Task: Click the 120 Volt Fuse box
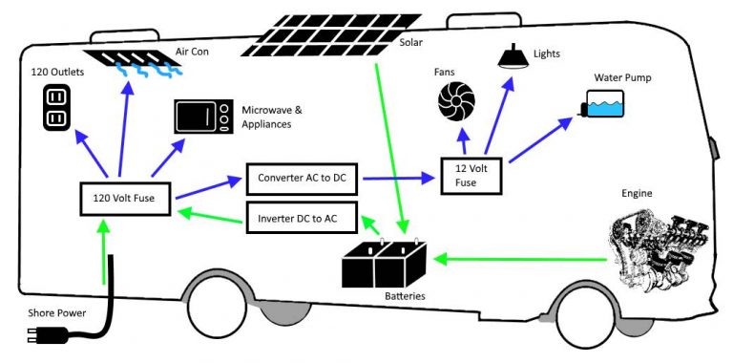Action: coord(126,199)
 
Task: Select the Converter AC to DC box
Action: coord(302,178)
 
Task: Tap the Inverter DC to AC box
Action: coord(302,217)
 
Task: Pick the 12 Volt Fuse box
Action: coord(471,174)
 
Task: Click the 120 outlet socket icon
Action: coord(54,107)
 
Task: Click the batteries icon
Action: coord(385,262)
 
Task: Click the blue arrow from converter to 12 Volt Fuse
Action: coord(392,177)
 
